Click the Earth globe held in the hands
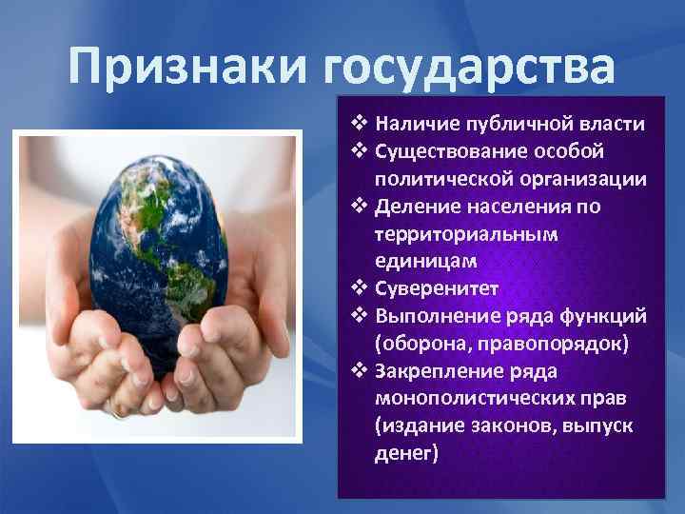pos(160,246)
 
